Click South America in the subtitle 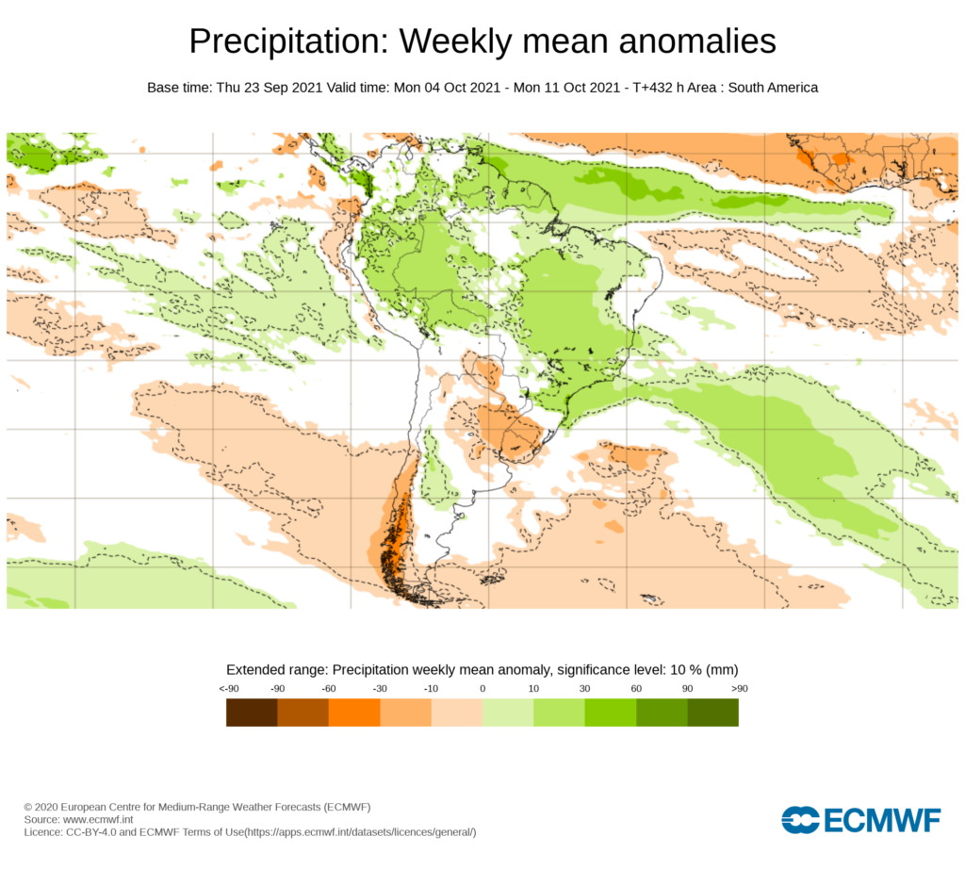click(x=772, y=88)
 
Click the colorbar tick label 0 click(x=482, y=689)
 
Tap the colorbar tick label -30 click(x=380, y=689)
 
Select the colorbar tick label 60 click(x=636, y=689)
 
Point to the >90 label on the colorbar click(x=738, y=689)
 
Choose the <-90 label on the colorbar click(x=227, y=689)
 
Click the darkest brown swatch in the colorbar click(x=252, y=713)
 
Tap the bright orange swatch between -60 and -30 click(x=354, y=713)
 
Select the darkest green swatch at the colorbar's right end click(x=712, y=713)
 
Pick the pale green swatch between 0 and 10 click(x=508, y=713)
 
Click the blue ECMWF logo click(x=860, y=820)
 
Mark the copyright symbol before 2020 click(x=28, y=808)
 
